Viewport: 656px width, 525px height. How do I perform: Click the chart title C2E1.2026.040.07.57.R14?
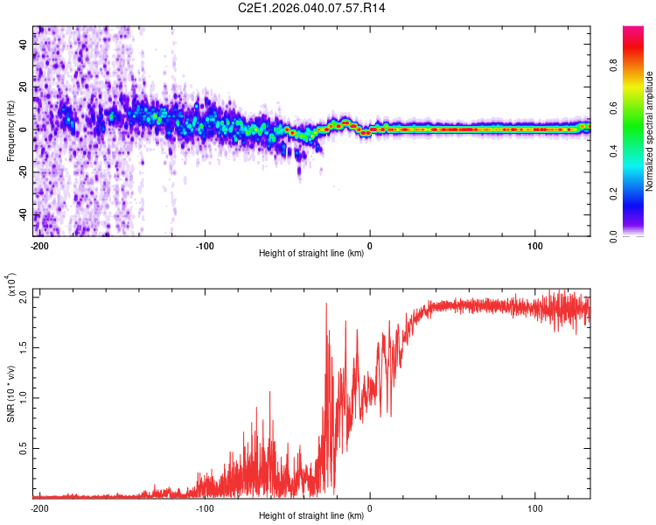coord(311,8)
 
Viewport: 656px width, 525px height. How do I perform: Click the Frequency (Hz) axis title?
coord(11,131)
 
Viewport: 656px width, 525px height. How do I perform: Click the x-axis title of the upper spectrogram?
coord(311,254)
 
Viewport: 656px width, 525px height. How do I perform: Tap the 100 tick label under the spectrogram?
coord(535,245)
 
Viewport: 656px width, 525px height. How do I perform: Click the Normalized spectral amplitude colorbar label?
coord(650,131)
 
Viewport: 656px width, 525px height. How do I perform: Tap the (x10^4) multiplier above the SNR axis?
coord(11,285)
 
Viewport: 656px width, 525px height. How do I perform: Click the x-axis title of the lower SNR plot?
coord(311,515)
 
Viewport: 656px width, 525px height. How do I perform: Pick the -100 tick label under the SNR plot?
coord(205,507)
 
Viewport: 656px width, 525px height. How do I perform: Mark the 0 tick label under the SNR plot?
coord(370,507)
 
